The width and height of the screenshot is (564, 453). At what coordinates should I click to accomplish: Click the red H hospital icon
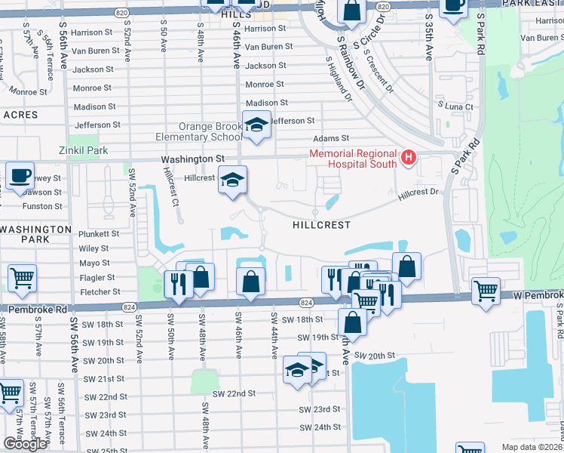click(409, 156)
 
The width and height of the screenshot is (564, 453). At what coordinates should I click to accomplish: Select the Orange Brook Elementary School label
click(199, 132)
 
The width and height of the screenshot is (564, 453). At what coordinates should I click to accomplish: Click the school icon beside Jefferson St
click(256, 125)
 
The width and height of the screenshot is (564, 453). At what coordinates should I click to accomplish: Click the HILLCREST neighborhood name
click(322, 225)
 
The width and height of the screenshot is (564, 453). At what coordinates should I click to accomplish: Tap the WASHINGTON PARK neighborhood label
click(35, 234)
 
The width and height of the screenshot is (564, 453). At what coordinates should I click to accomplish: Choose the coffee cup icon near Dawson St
click(20, 177)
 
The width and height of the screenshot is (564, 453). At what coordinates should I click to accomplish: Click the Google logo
click(25, 444)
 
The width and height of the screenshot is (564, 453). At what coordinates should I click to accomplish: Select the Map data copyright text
click(532, 447)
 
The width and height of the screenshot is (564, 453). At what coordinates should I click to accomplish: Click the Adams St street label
click(332, 139)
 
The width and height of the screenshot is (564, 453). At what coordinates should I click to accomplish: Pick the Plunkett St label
click(99, 234)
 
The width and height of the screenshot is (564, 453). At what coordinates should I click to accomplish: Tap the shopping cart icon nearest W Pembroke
click(486, 291)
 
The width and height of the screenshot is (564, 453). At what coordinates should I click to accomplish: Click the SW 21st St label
click(104, 378)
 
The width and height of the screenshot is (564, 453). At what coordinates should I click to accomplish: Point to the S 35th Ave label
click(429, 35)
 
